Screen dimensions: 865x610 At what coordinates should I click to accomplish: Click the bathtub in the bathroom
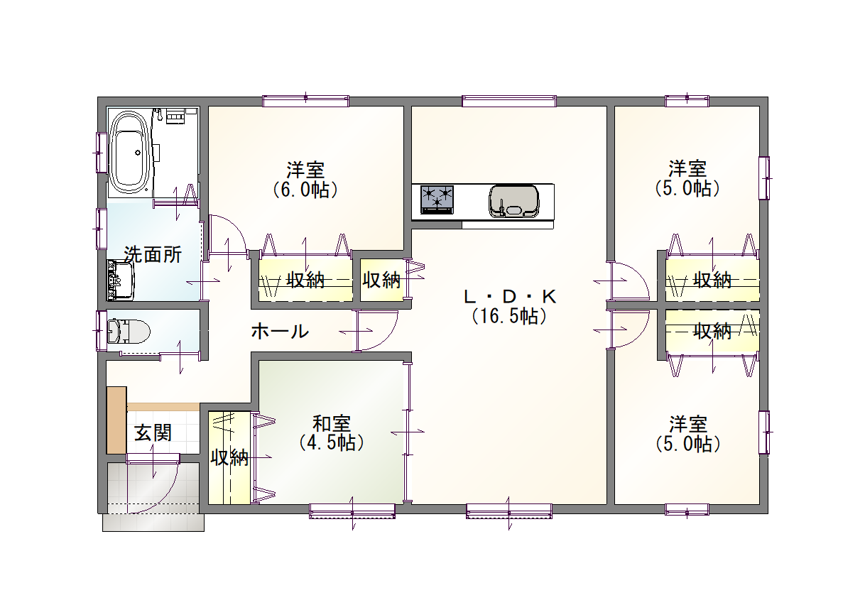[x=129, y=153]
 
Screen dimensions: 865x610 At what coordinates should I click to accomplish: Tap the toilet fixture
[x=128, y=331]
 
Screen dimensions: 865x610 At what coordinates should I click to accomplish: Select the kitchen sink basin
[x=514, y=202]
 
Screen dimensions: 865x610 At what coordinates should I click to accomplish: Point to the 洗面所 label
[x=153, y=254]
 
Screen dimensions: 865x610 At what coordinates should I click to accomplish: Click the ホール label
[x=280, y=331]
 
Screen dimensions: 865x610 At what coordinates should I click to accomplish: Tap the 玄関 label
[x=153, y=433]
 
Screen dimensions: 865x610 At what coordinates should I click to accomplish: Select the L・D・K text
[x=510, y=297]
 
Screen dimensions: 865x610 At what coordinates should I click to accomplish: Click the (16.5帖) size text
[x=510, y=316]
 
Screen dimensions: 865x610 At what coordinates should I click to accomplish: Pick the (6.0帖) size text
[x=305, y=190]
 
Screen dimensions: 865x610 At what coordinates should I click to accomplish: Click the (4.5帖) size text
[x=332, y=443]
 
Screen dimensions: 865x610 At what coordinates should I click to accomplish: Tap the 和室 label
[x=332, y=423]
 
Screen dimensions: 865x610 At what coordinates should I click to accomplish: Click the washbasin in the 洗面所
[x=120, y=281]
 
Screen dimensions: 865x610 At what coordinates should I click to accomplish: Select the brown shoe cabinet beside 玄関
[x=116, y=420]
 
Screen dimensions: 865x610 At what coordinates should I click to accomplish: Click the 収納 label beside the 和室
[x=229, y=458]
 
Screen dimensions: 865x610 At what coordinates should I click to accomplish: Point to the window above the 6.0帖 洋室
[x=306, y=101]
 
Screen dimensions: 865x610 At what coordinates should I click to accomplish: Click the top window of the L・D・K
[x=509, y=101]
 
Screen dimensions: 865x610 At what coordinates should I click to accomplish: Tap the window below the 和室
[x=352, y=511]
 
